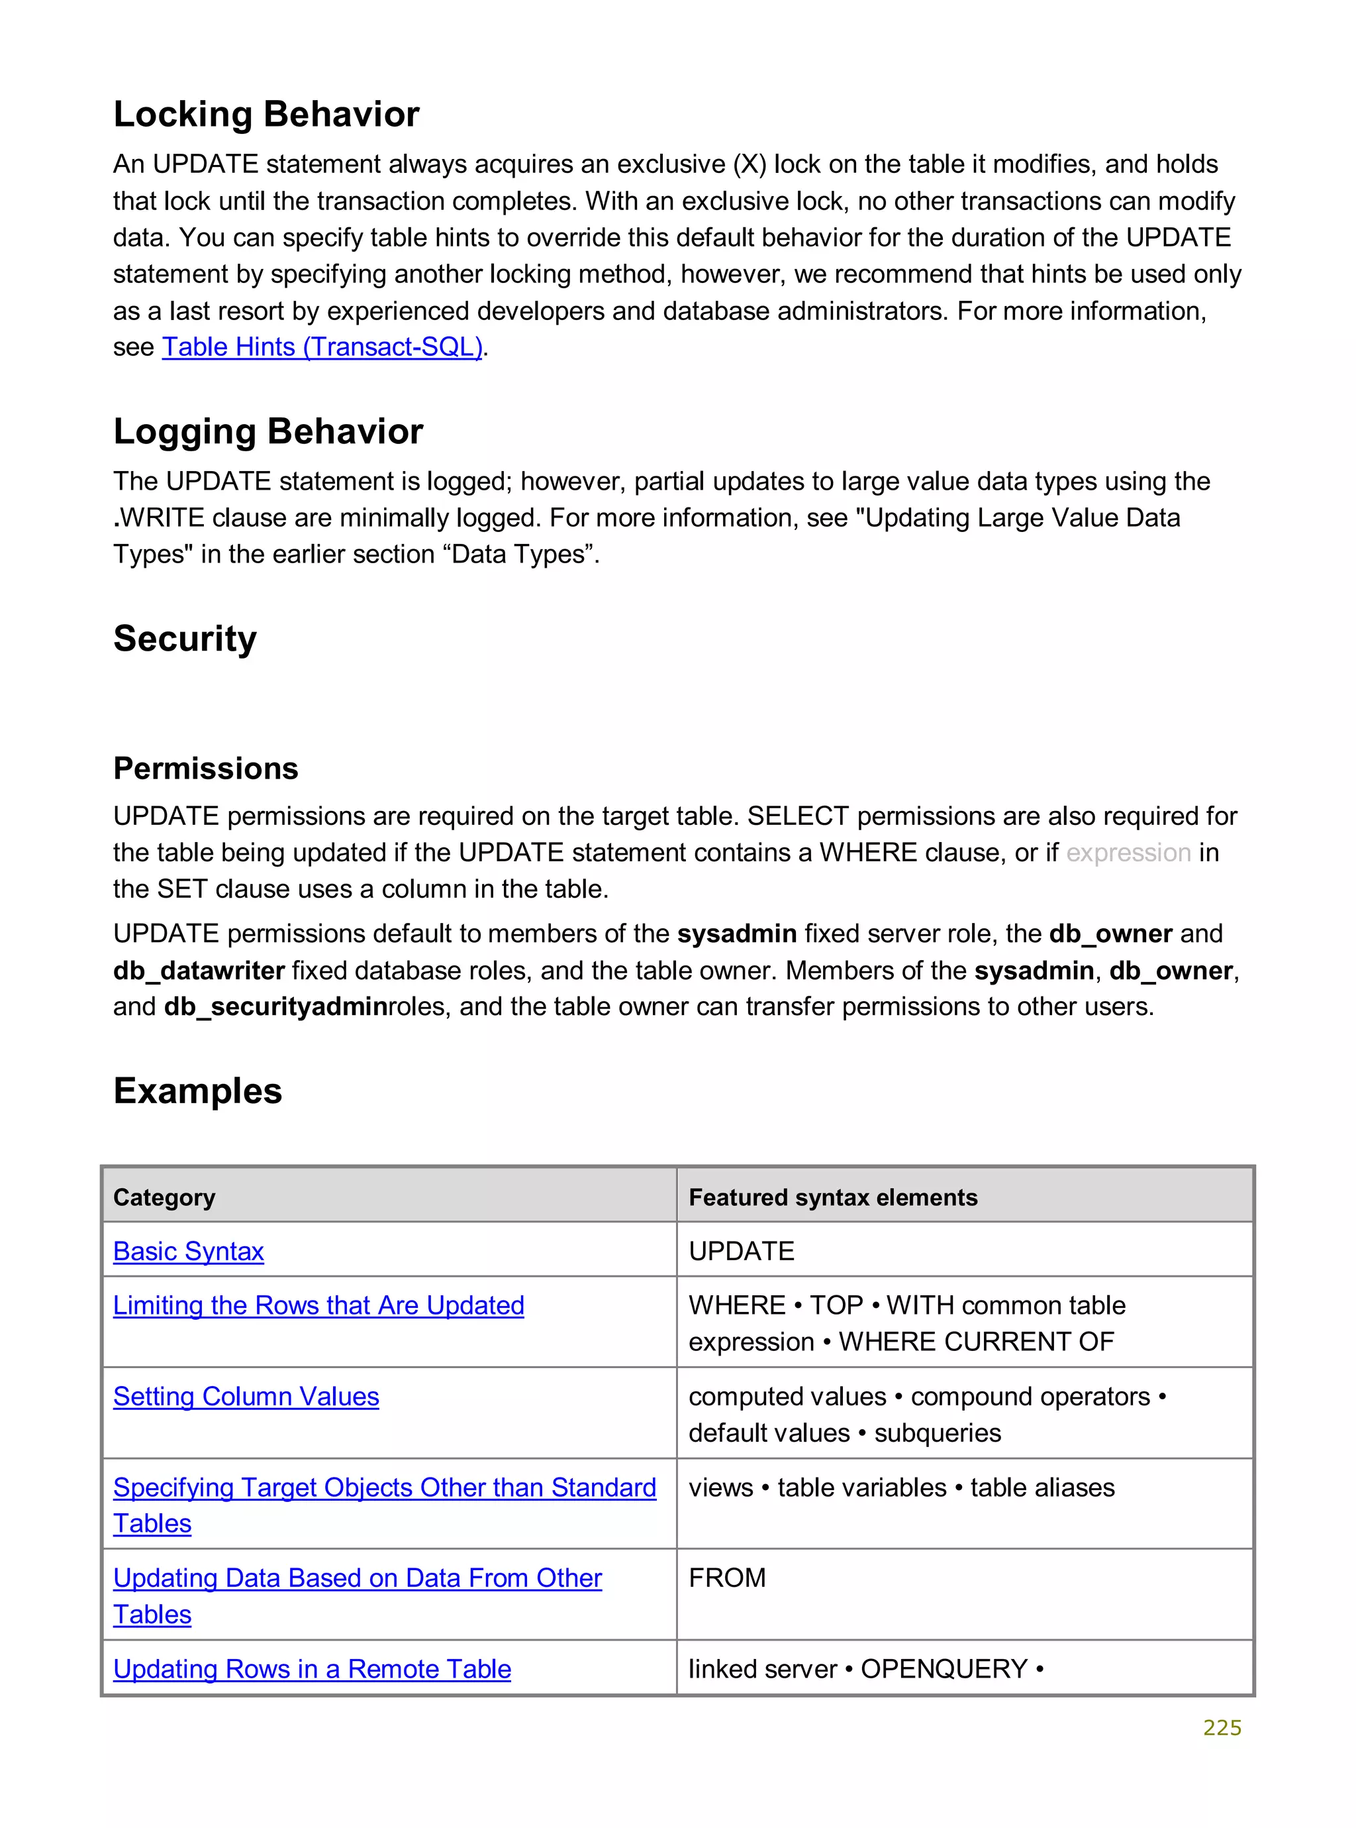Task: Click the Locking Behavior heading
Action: (x=266, y=114)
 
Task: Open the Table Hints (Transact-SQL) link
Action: (x=322, y=347)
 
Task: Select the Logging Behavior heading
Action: (x=267, y=431)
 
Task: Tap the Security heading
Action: (x=185, y=639)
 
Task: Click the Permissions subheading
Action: (x=205, y=769)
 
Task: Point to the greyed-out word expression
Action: (x=1128, y=853)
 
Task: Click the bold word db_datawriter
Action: (x=199, y=971)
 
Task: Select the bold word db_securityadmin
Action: (x=275, y=1007)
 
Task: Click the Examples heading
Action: (x=197, y=1091)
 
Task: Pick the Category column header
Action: (x=164, y=1197)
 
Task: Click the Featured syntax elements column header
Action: (x=832, y=1197)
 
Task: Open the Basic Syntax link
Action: (x=188, y=1252)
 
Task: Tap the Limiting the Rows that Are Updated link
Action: (x=318, y=1306)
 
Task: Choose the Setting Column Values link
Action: (x=246, y=1397)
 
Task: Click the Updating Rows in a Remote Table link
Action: (x=312, y=1670)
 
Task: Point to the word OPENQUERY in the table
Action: (x=944, y=1670)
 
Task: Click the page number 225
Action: (x=1222, y=1728)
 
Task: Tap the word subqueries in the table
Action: (x=937, y=1433)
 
